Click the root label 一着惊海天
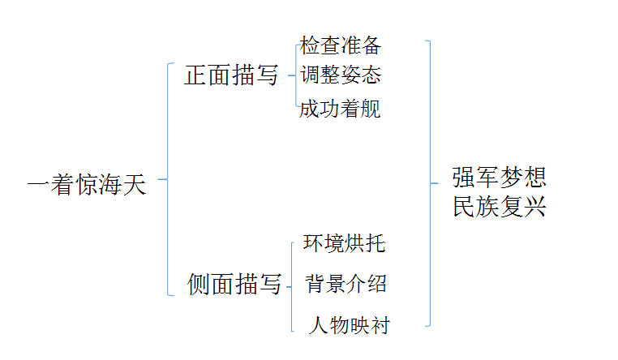[87, 185]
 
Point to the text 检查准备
[340, 45]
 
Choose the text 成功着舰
[340, 109]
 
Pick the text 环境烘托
[344, 243]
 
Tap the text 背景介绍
[345, 284]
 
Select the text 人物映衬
[350, 326]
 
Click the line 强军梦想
[500, 177]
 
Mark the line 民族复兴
[500, 208]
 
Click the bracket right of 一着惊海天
[167, 179]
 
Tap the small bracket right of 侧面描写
[291, 285]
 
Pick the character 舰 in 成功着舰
[370, 109]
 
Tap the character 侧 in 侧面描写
[200, 285]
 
